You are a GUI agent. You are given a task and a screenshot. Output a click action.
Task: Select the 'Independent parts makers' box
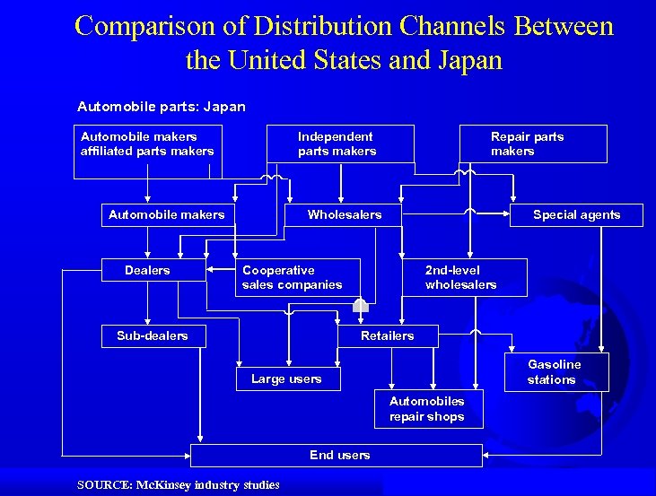coord(340,144)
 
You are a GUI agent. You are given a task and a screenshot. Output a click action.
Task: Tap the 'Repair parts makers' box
coord(532,144)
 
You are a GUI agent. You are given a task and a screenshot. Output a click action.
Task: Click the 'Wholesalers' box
coord(344,214)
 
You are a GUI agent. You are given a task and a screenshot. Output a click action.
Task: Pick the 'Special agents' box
coord(576,214)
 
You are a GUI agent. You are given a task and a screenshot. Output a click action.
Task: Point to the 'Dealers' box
coord(147,270)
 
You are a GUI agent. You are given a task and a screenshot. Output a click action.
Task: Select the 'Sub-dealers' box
coord(153,335)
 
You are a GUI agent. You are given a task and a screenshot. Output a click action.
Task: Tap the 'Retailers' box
coord(388,335)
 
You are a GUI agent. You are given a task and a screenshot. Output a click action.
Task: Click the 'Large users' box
coord(287,379)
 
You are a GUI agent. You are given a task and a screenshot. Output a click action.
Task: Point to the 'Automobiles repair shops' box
coord(426,409)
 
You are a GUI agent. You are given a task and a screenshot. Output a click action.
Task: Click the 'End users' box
coord(339,455)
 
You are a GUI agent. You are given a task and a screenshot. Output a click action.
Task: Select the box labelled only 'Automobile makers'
coord(167,214)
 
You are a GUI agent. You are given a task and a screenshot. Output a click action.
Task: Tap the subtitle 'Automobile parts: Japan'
coord(162,107)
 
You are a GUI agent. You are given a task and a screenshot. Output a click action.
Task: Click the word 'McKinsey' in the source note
coord(161,485)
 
